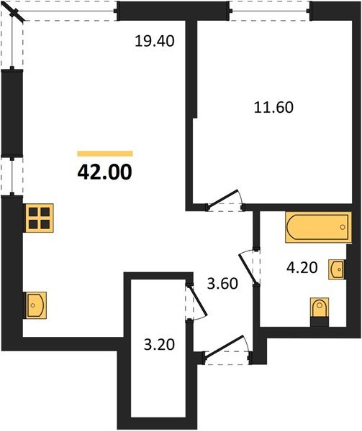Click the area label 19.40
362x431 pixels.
(155, 42)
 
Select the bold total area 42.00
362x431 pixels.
(104, 172)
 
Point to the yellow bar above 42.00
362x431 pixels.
(105, 153)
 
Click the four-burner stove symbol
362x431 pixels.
(39, 218)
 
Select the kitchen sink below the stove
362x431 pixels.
(35, 305)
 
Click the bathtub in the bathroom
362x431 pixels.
(316, 229)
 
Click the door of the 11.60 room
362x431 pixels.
(226, 200)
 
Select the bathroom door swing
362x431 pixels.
(249, 267)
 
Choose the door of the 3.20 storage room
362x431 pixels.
(196, 302)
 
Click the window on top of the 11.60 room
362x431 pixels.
(269, 9)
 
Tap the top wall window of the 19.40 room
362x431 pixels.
(71, 9)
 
